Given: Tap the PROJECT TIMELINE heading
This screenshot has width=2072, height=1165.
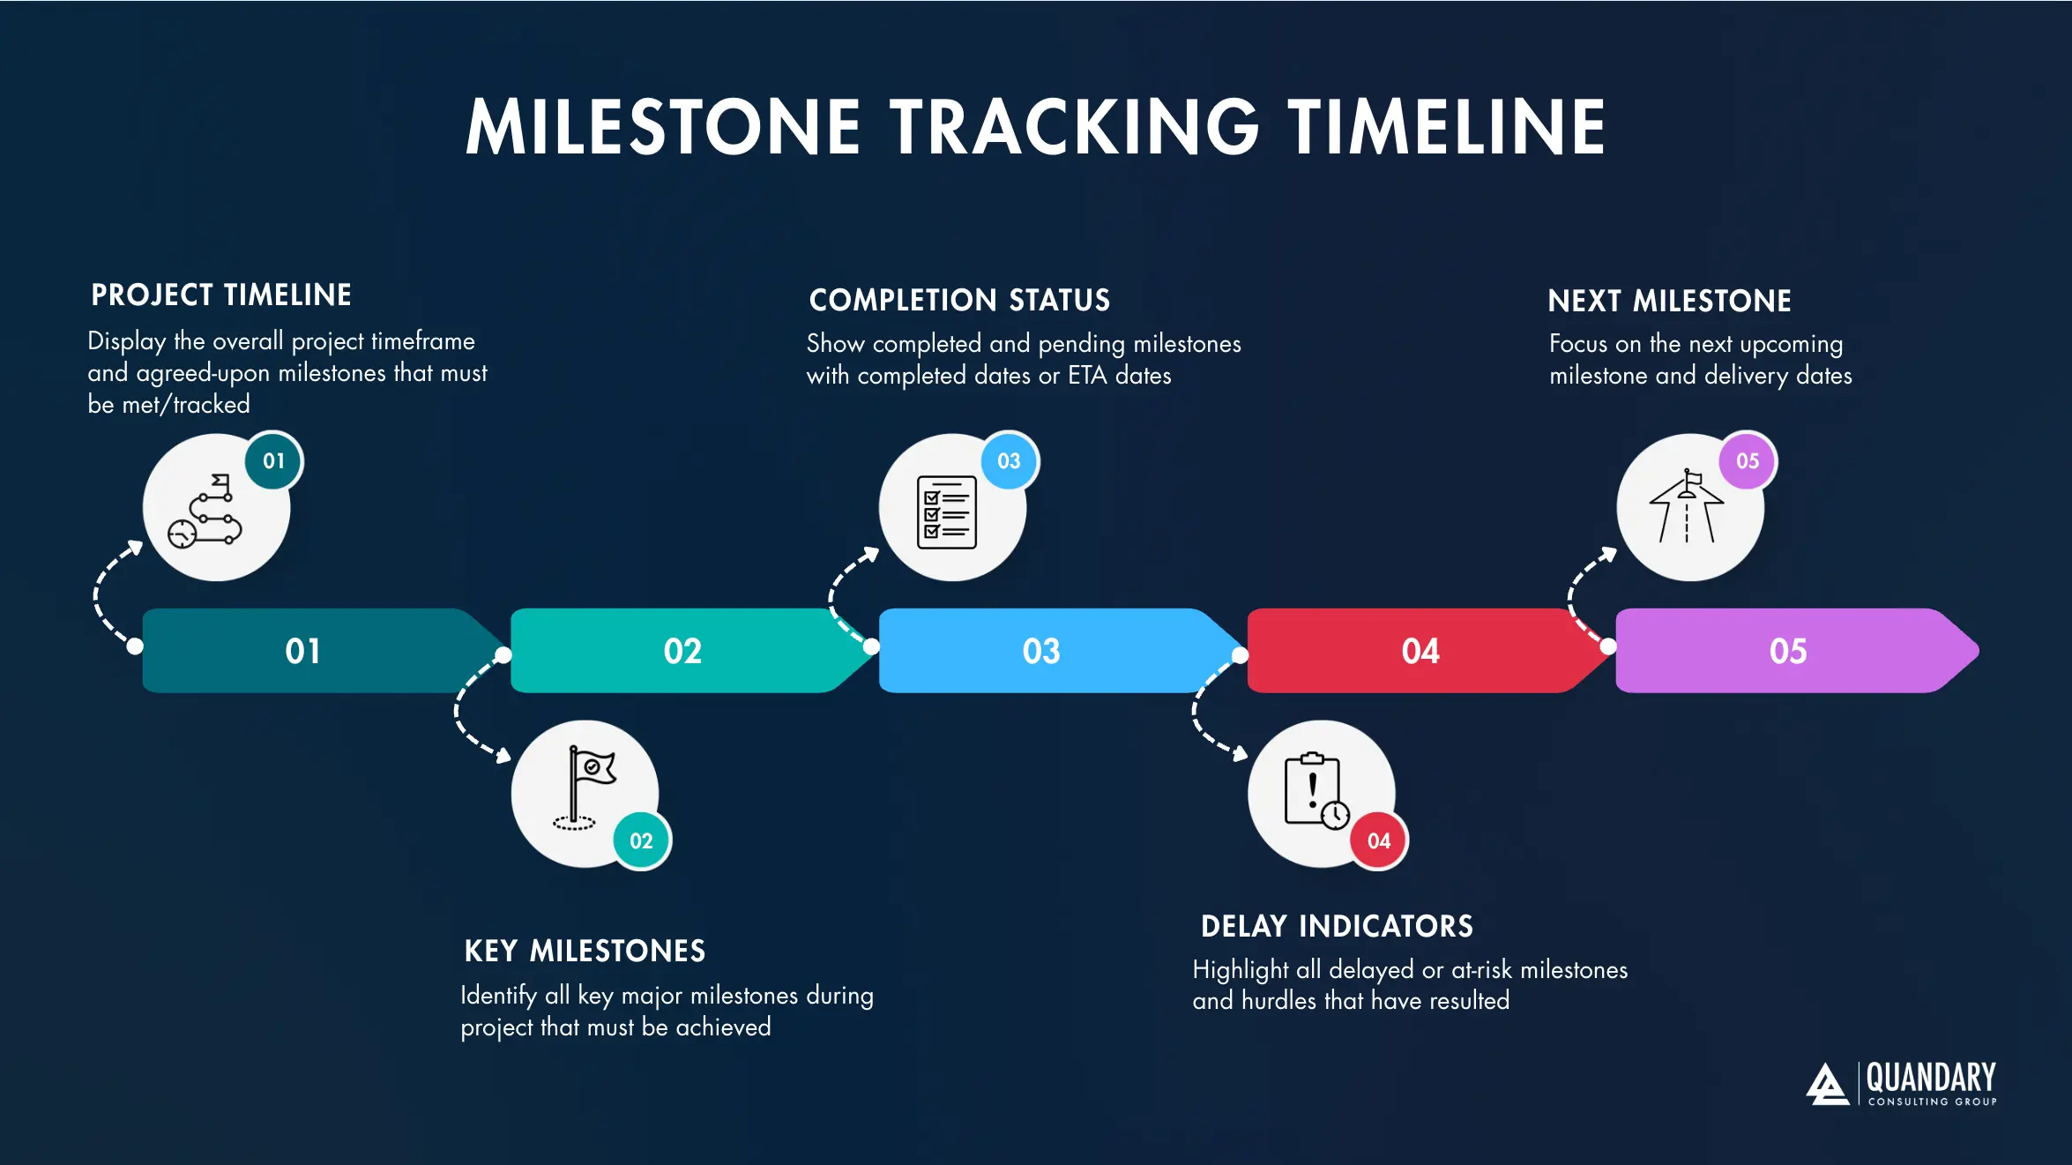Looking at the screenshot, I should [221, 295].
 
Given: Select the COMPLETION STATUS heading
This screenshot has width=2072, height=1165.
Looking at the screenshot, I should [959, 301].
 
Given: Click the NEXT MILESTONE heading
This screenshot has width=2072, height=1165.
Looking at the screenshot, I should [1669, 302].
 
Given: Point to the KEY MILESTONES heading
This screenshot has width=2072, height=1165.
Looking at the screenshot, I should [585, 952].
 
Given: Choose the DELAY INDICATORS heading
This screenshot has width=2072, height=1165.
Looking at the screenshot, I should [1337, 927].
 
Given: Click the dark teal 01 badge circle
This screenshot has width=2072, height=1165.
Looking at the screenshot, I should [273, 461].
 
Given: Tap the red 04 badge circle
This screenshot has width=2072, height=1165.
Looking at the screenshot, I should [1379, 841].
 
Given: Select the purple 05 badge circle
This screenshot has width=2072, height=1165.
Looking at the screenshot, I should [1747, 461].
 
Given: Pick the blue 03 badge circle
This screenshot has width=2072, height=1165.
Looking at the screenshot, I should [1009, 461].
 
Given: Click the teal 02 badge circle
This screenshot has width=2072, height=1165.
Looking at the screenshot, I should [641, 841].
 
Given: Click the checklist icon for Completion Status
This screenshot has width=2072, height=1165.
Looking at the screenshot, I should [947, 512].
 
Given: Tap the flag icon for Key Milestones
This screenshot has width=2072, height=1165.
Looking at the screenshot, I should [581, 788].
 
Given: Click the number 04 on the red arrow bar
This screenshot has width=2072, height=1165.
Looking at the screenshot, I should [1420, 652].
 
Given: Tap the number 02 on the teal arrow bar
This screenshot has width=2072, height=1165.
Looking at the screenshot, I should [682, 652].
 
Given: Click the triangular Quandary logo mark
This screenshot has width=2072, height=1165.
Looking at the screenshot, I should [1826, 1084].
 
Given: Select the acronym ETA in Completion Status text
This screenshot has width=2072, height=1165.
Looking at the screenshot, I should [1086, 377].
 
